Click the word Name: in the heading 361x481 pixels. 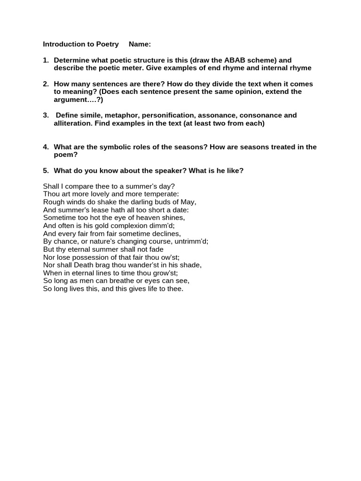(x=140, y=44)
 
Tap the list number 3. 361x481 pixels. (x=46, y=115)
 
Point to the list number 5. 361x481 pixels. (x=46, y=171)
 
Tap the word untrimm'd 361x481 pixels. (x=189, y=241)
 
